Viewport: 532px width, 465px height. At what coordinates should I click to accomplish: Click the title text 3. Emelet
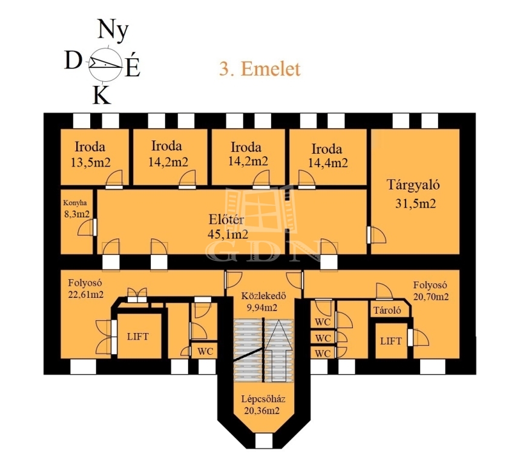tap(260, 69)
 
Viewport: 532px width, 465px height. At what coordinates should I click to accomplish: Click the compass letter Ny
tap(113, 30)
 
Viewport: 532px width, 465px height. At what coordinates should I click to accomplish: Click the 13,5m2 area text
tap(90, 162)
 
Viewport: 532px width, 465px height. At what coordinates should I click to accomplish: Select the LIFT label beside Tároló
tap(391, 341)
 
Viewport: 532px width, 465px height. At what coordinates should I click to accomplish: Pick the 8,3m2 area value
tap(77, 214)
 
